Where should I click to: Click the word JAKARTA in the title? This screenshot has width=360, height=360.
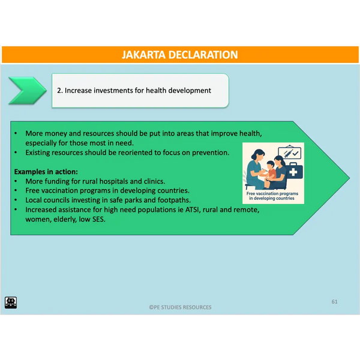pyautogui.click(x=143, y=55)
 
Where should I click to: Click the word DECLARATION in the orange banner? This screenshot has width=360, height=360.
pyautogui.click(x=203, y=55)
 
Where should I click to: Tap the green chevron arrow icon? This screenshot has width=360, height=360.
pyautogui.click(x=28, y=91)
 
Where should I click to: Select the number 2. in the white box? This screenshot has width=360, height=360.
pyautogui.click(x=59, y=91)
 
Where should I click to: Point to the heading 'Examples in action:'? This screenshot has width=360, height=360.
pyautogui.click(x=46, y=172)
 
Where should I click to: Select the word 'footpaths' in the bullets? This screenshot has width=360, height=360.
pyautogui.click(x=173, y=200)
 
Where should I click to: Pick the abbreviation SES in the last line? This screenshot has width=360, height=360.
pyautogui.click(x=98, y=220)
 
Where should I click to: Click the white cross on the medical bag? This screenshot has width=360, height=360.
pyautogui.click(x=293, y=172)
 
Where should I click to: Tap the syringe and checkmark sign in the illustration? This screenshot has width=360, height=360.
pyautogui.click(x=290, y=152)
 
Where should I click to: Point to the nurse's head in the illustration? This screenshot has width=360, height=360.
pyautogui.click(x=258, y=155)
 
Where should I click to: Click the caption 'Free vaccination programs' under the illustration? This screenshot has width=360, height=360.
pyautogui.click(x=272, y=194)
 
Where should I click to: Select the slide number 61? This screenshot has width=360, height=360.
pyautogui.click(x=335, y=302)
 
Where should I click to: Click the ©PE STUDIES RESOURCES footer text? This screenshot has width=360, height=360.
pyautogui.click(x=180, y=307)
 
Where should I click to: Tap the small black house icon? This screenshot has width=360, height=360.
pyautogui.click(x=11, y=302)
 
